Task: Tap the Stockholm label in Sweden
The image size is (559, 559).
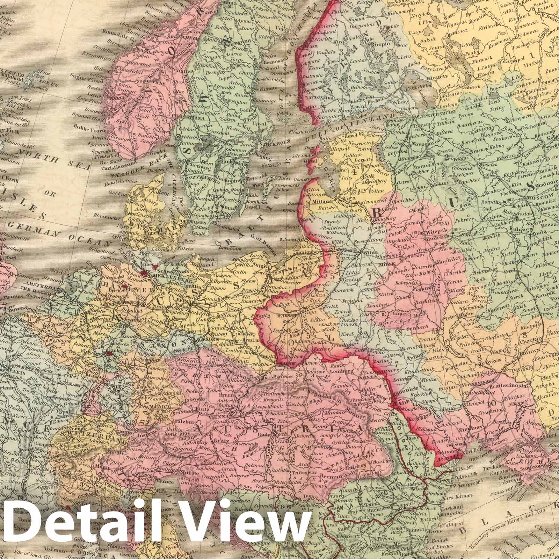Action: click(x=271, y=142)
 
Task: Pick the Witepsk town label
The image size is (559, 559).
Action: click(x=434, y=232)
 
